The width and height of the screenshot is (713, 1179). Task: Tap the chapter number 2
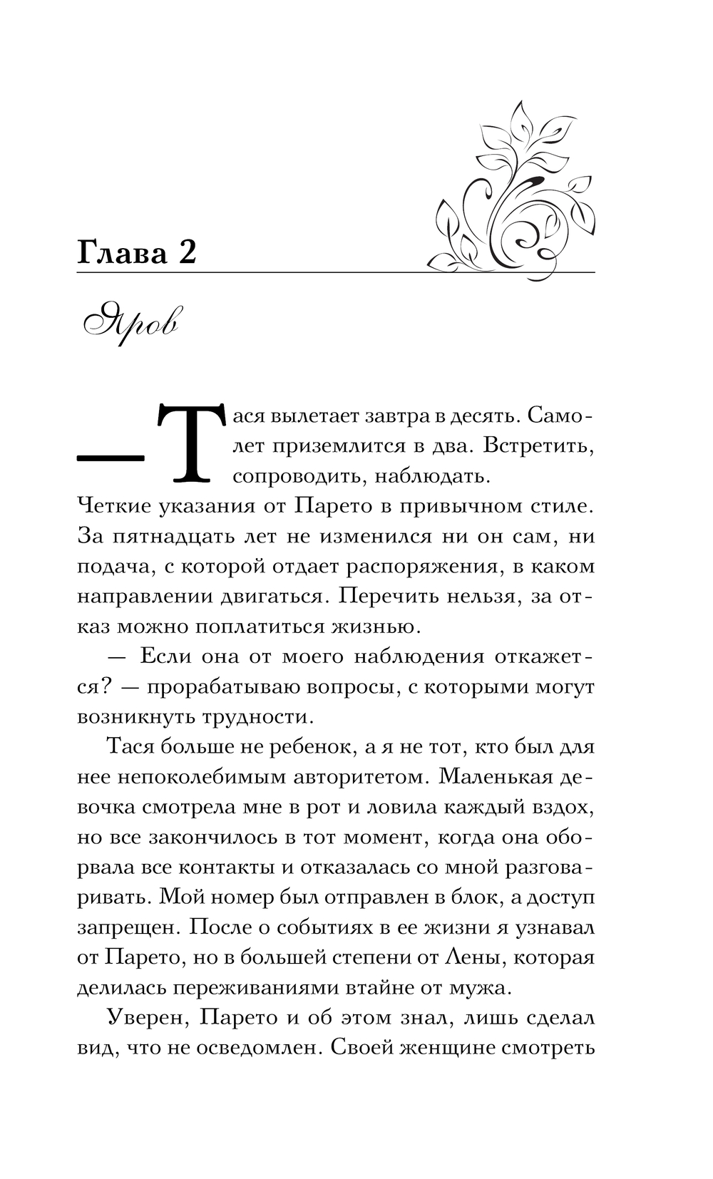tap(187, 253)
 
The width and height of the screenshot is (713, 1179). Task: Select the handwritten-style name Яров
tap(133, 322)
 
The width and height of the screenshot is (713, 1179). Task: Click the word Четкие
tap(116, 506)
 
